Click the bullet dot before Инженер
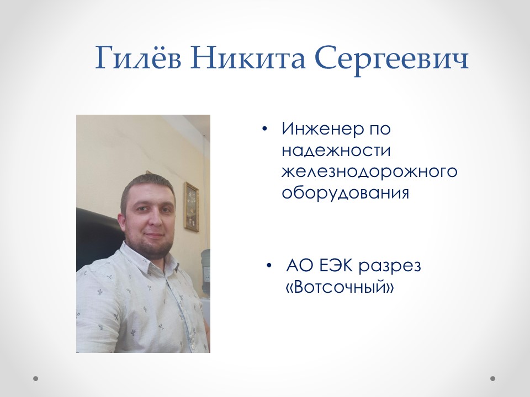pyautogui.click(x=265, y=129)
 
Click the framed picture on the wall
pyautogui.click(x=191, y=206)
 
